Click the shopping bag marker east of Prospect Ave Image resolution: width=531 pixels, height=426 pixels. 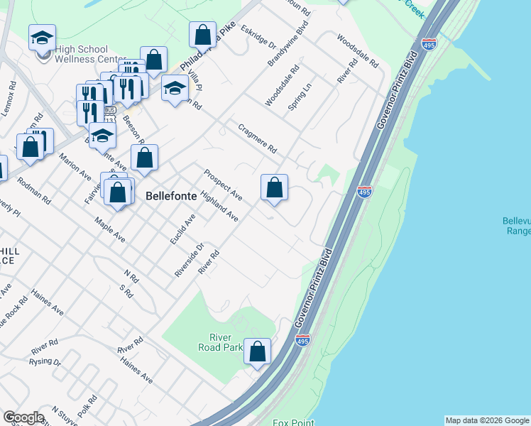click(275, 188)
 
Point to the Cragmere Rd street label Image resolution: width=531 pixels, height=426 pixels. click(257, 139)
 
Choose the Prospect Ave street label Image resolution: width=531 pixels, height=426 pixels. click(223, 184)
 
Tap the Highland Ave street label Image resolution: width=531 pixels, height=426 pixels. click(219, 205)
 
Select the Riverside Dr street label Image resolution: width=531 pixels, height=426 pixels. click(190, 260)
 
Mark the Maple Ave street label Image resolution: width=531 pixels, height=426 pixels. click(109, 229)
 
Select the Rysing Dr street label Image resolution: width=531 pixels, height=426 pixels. click(46, 361)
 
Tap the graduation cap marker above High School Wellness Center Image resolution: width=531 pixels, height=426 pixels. click(43, 38)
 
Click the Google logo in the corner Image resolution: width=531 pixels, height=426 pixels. click(23, 417)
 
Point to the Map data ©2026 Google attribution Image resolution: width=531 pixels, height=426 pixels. click(487, 420)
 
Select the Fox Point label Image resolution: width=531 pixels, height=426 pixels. click(293, 422)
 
